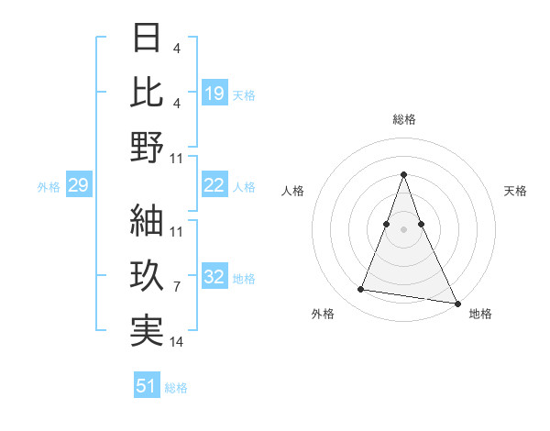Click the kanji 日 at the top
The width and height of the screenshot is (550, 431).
click(148, 39)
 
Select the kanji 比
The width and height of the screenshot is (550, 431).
click(148, 92)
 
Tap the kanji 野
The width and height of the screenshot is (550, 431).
click(148, 147)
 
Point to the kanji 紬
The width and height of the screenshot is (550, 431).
click(148, 220)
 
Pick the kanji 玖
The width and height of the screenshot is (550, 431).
click(148, 275)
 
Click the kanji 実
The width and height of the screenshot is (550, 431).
click(148, 330)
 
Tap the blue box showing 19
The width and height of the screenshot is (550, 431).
click(214, 93)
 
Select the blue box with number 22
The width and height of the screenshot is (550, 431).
click(214, 185)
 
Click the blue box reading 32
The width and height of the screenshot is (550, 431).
click(214, 277)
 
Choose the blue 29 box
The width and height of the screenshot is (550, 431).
click(78, 186)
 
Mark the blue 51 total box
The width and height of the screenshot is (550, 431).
click(147, 386)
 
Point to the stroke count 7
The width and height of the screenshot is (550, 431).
click(177, 287)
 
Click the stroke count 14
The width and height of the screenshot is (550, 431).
click(178, 342)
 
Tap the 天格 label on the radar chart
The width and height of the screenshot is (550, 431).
click(515, 191)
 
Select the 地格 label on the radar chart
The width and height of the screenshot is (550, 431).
click(480, 314)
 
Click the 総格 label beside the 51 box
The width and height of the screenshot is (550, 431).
click(176, 388)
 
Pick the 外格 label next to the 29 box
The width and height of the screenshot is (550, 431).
click(49, 187)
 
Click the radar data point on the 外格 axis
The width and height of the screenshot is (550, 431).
click(360, 290)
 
